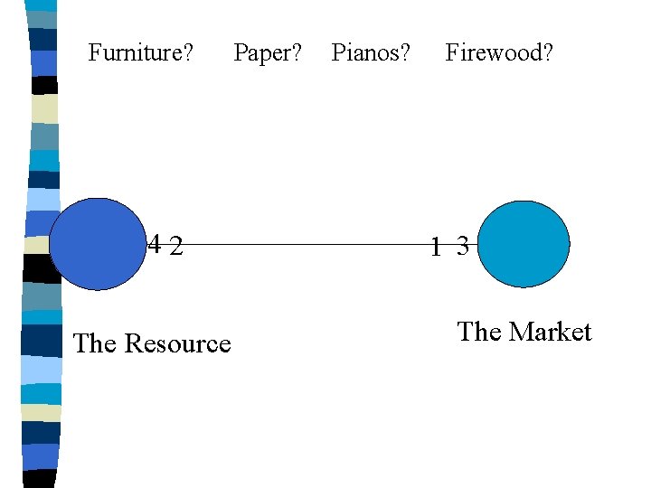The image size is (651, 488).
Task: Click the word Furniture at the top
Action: [136, 53]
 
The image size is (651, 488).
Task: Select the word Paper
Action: [263, 53]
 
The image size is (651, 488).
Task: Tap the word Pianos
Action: [366, 53]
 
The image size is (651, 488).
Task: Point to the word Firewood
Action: [494, 53]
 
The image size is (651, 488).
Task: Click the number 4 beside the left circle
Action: [156, 244]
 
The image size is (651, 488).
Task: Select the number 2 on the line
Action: [177, 245]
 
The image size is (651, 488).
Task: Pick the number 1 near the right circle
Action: [437, 246]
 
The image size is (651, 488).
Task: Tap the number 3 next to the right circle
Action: [462, 246]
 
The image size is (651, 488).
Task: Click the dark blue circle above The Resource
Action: [97, 244]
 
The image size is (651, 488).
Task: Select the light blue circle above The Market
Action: [524, 244]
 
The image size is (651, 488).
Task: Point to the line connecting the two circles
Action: [307, 244]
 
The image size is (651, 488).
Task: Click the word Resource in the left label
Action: [177, 344]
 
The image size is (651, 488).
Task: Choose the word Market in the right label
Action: [550, 333]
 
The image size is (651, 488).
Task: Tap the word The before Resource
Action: [95, 344]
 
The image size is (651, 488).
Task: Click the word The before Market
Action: [479, 333]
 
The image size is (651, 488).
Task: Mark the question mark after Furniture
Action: [187, 53]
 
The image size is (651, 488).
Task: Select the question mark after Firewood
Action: [547, 53]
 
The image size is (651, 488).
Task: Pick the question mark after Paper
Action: [297, 53]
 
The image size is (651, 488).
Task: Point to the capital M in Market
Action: [519, 333]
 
